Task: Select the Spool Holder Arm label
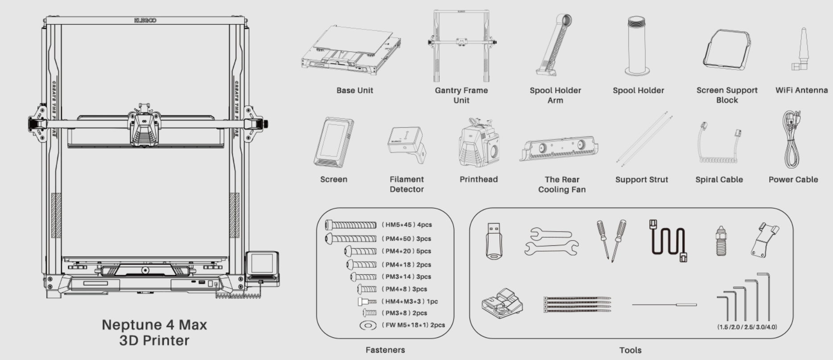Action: point(555,95)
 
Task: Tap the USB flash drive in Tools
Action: point(494,241)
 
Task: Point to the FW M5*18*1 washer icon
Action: point(368,325)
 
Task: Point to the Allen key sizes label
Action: point(747,327)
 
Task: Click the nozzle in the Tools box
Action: point(721,240)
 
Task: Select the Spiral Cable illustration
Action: point(718,143)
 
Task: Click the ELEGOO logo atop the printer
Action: point(145,21)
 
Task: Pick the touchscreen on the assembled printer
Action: point(262,264)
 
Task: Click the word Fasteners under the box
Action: point(385,350)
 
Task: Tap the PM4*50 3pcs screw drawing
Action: point(351,239)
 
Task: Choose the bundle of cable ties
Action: point(577,304)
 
